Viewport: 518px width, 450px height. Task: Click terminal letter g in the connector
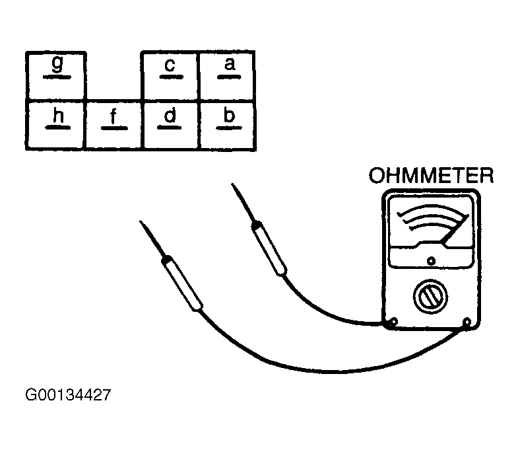click(57, 63)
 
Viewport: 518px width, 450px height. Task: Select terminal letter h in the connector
click(58, 116)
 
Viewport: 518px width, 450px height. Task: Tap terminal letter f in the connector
click(113, 116)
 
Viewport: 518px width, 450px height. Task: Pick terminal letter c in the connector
click(170, 65)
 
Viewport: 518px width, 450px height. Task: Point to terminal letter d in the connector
click(170, 116)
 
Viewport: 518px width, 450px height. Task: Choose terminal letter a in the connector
click(230, 64)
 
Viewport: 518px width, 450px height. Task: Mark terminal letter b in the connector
click(229, 115)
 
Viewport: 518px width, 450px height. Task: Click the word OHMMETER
click(431, 175)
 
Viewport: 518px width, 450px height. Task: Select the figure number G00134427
click(68, 394)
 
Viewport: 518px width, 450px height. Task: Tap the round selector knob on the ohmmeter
click(430, 297)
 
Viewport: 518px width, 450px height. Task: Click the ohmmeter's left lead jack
click(393, 322)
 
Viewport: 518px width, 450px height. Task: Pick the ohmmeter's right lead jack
click(467, 322)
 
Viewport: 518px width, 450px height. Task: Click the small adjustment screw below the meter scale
click(431, 261)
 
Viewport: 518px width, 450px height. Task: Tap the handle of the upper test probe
click(269, 248)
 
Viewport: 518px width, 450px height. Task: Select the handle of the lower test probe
click(181, 283)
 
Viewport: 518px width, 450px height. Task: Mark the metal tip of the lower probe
click(151, 239)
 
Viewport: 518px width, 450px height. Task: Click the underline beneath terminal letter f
click(114, 128)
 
